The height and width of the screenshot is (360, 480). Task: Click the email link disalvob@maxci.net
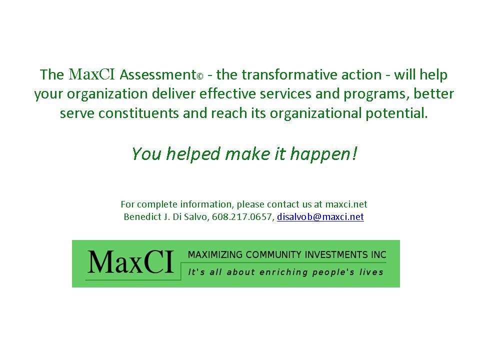coord(320,216)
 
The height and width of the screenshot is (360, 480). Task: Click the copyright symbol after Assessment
coord(200,76)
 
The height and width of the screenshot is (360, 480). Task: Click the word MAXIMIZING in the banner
coord(215,254)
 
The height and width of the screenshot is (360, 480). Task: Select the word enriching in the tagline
coord(283,272)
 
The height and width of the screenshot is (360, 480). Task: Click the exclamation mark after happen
coord(354,153)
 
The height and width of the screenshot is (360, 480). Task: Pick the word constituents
coord(138,113)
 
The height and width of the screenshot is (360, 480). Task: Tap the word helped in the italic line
coord(193,153)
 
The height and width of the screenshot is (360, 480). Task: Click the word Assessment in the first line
coord(157,74)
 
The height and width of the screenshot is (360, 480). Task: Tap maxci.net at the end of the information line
coord(346,204)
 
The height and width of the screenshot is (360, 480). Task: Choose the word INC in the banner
coord(378,254)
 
